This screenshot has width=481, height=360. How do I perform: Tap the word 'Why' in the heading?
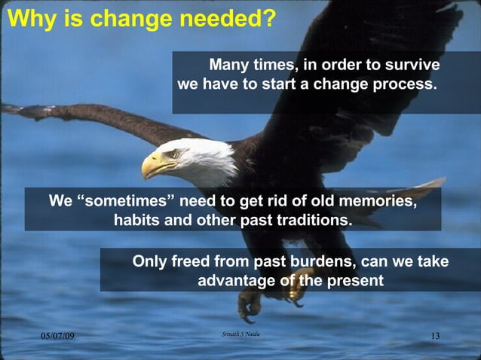(x=29, y=18)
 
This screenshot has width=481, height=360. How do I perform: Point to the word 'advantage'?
(x=234, y=281)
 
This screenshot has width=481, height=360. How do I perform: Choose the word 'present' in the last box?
(x=354, y=281)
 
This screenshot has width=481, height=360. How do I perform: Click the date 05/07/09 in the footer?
(x=58, y=335)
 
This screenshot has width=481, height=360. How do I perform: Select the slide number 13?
(x=434, y=335)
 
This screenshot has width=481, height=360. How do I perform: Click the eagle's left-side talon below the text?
(x=249, y=305)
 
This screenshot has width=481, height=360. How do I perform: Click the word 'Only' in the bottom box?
(x=149, y=261)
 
